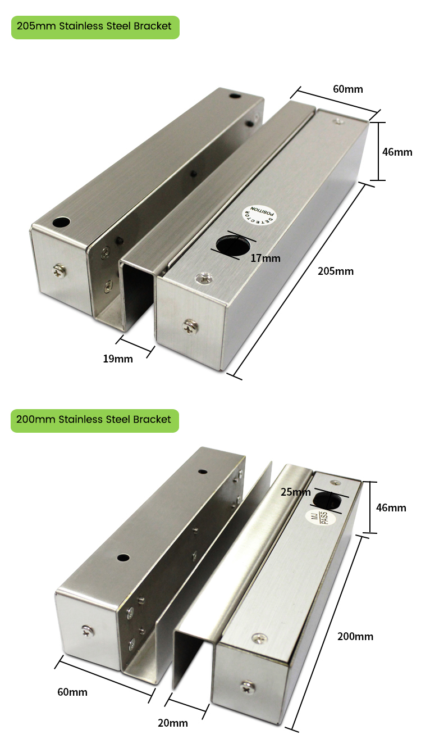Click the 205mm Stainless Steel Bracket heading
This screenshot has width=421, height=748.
click(x=94, y=27)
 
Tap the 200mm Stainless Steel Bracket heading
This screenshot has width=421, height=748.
click(x=94, y=420)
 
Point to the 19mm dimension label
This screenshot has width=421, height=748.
click(x=118, y=359)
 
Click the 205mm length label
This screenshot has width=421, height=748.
click(x=336, y=271)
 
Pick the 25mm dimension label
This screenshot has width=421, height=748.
click(x=295, y=492)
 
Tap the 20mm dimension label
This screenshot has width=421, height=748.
click(x=173, y=723)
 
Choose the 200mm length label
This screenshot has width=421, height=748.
click(x=355, y=636)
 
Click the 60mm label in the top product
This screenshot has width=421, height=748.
click(x=348, y=89)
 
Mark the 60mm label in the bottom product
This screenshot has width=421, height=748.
click(x=72, y=692)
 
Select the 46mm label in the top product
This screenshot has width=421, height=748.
click(x=397, y=152)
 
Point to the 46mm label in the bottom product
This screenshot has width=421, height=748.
click(x=391, y=507)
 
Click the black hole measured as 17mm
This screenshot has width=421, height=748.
click(x=233, y=246)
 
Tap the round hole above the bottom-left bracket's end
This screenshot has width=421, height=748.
click(x=123, y=558)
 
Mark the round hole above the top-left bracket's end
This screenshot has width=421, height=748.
click(x=61, y=223)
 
